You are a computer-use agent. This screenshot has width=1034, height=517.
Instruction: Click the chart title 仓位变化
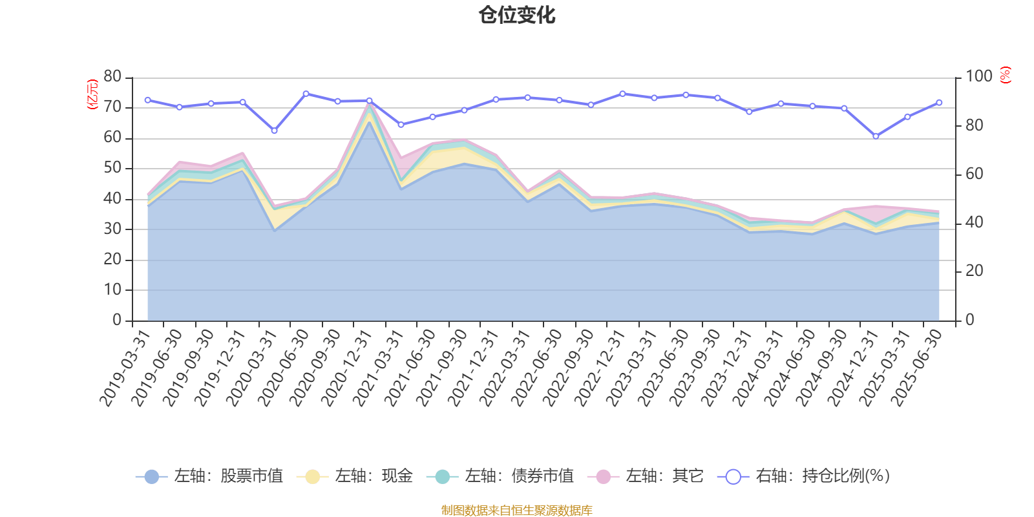click(x=517, y=15)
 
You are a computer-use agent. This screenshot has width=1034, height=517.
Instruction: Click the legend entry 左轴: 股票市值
click(x=210, y=476)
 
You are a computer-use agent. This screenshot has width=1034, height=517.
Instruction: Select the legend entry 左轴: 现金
click(x=355, y=476)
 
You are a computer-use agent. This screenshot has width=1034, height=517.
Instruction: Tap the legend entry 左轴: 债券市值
click(x=500, y=476)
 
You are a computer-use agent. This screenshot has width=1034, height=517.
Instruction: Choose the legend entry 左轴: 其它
click(x=646, y=476)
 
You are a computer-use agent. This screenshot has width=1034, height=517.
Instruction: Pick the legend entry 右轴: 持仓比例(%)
click(x=804, y=476)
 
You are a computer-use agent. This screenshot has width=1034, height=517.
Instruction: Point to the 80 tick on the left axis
click(x=112, y=76)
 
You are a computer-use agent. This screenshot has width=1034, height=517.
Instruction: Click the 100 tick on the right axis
click(x=978, y=76)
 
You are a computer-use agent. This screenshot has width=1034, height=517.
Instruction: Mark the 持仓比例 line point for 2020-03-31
click(x=274, y=131)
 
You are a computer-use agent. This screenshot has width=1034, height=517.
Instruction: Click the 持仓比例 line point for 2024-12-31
click(x=876, y=136)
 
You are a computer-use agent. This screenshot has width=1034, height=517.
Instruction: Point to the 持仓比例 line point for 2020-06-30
click(x=306, y=94)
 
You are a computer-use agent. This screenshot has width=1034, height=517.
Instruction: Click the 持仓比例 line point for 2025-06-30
click(x=939, y=103)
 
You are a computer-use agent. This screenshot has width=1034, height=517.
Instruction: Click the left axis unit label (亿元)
click(x=92, y=94)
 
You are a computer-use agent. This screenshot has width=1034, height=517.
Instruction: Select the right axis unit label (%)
click(x=1005, y=75)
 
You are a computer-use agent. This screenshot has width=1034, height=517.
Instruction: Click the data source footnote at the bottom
click(x=517, y=511)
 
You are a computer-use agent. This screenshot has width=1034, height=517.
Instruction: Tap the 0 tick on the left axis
click(x=117, y=320)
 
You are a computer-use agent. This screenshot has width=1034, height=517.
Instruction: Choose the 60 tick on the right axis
click(x=974, y=174)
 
